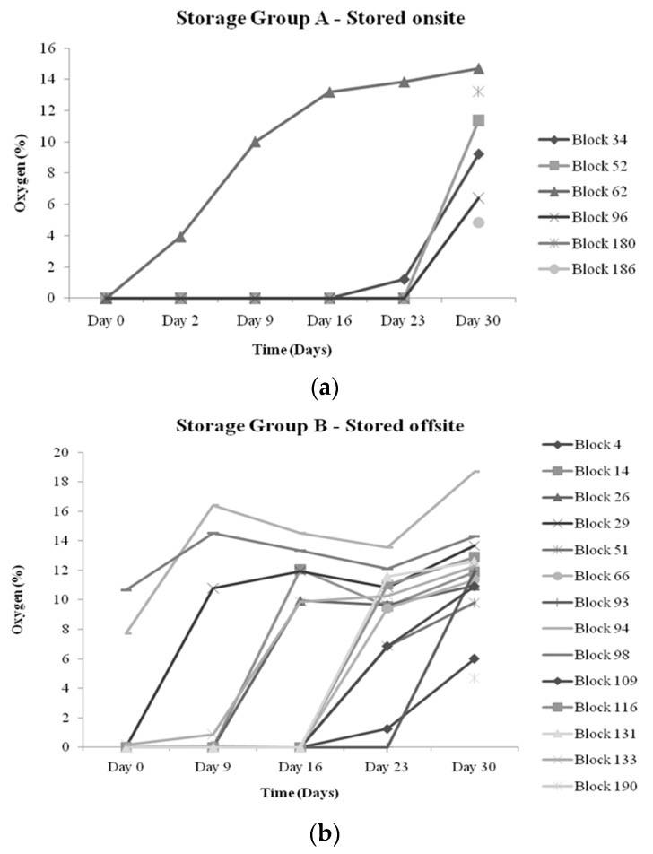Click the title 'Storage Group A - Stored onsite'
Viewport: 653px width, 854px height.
(x=326, y=16)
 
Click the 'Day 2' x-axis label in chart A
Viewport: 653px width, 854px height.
(x=180, y=318)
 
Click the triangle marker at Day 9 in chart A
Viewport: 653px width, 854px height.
(x=255, y=142)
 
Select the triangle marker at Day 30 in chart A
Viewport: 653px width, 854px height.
(x=478, y=68)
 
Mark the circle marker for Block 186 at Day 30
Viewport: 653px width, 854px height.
(x=478, y=222)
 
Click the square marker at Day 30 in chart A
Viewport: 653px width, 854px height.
(x=478, y=120)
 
